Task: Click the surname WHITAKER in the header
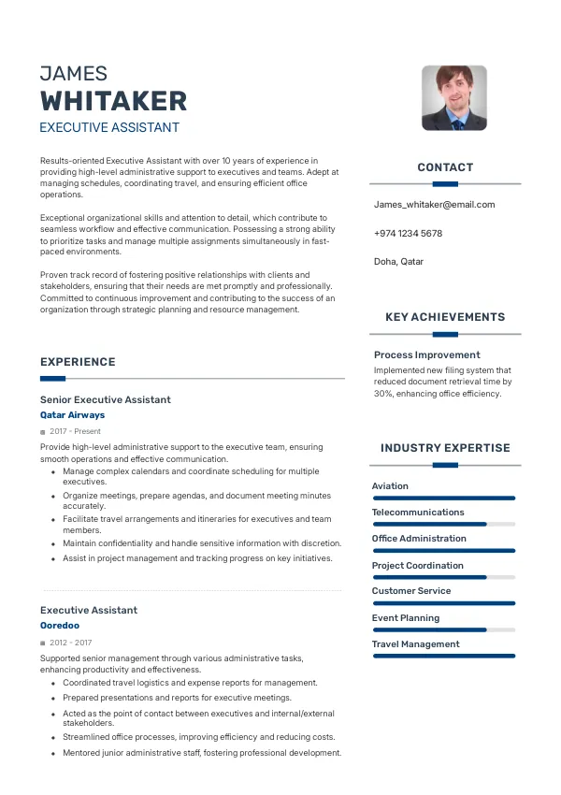(x=113, y=101)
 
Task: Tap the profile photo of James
(x=453, y=97)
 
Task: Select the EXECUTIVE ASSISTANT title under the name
(x=109, y=127)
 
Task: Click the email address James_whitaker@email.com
(x=434, y=204)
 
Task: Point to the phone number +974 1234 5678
(x=408, y=233)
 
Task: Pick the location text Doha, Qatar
(x=398, y=262)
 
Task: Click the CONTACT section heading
(x=445, y=167)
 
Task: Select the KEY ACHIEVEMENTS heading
(x=445, y=317)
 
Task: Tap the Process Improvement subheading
(x=426, y=354)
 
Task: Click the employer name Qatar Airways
(x=72, y=414)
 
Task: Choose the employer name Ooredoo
(x=60, y=625)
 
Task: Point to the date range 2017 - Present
(x=75, y=431)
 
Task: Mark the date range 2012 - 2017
(x=71, y=643)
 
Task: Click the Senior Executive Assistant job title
(x=106, y=399)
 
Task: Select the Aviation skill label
(x=390, y=486)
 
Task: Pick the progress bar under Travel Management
(x=443, y=657)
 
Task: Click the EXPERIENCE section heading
(x=78, y=362)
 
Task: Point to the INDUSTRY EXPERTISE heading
(x=445, y=448)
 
